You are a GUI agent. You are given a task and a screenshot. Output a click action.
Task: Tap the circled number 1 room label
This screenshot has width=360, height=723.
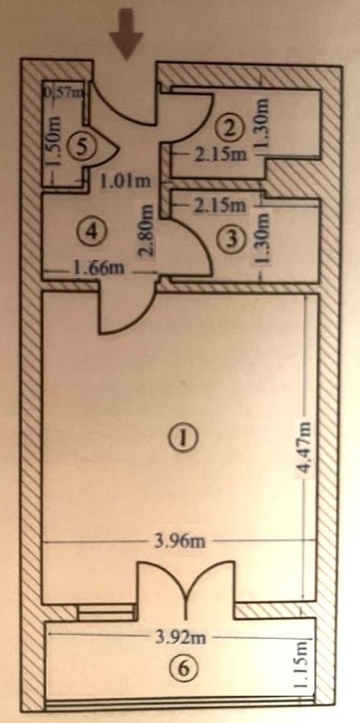184,438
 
